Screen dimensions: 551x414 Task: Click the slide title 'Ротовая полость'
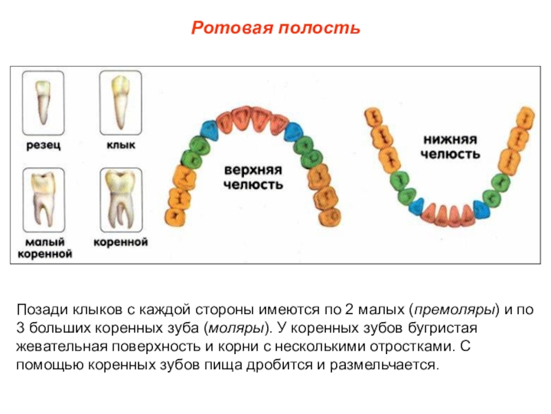[x=275, y=28]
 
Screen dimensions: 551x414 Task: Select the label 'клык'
[x=121, y=145]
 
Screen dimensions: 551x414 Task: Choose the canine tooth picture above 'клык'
[x=121, y=103]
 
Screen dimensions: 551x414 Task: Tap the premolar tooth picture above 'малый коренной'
[x=45, y=200]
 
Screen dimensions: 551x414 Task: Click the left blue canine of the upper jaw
[x=209, y=128]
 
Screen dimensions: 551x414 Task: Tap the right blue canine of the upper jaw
[x=294, y=130]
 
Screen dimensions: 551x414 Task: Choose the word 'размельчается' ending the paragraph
[x=389, y=364]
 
